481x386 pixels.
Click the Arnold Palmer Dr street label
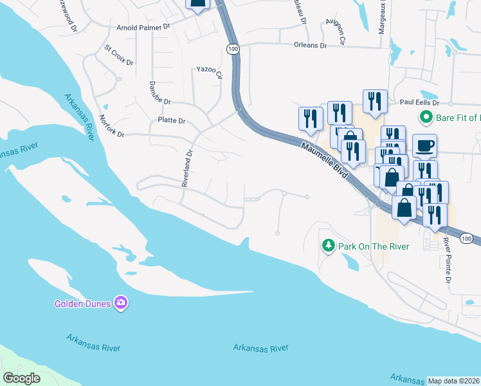coord(143,27)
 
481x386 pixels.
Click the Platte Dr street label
coord(171,120)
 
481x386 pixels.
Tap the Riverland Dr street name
coord(187,169)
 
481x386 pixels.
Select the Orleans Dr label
coord(310,46)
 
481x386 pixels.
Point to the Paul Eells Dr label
coord(419,102)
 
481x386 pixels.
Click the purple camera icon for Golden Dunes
coord(120,302)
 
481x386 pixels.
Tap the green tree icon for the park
coord(328,245)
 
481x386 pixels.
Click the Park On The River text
coord(364,246)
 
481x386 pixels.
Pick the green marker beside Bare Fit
coord(425,118)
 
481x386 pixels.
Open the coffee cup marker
coord(424,145)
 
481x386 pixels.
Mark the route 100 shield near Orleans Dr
coord(232,48)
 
